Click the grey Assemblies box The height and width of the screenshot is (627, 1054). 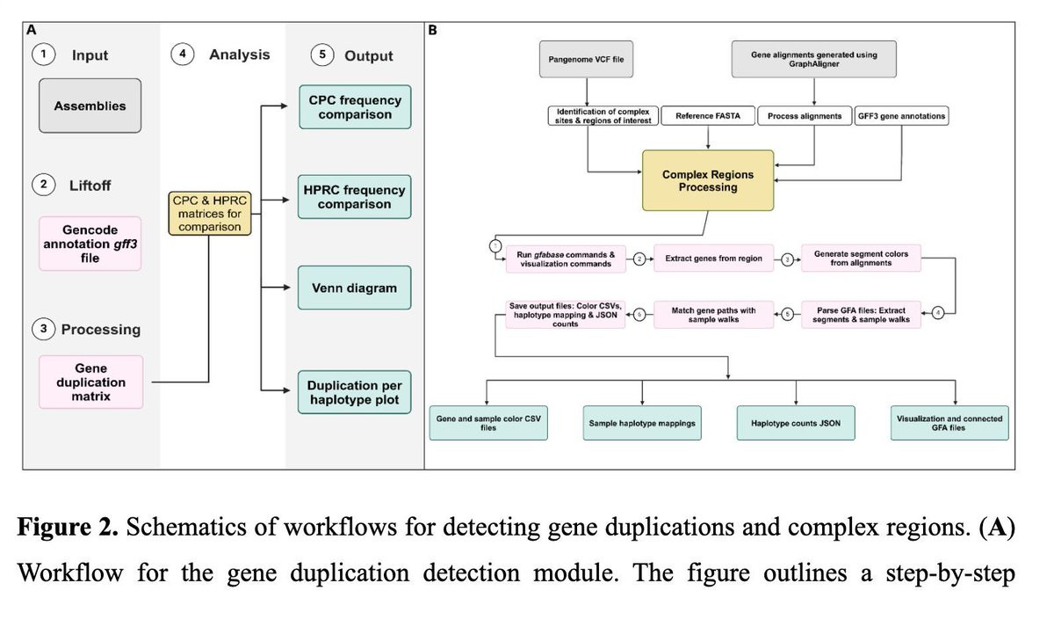(90, 106)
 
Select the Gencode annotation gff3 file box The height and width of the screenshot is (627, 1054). (90, 244)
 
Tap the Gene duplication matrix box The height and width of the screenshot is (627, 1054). (90, 383)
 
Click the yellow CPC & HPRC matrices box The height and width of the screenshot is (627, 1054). (208, 213)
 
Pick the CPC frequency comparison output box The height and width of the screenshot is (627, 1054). (355, 108)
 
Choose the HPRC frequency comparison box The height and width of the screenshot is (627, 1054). (355, 197)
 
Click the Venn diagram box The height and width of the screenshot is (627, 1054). (355, 288)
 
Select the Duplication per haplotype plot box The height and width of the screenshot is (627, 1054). (355, 393)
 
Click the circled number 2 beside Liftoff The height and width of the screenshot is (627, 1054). (42, 186)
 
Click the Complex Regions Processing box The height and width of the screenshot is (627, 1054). (708, 180)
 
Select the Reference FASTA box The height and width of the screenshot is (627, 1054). (706, 116)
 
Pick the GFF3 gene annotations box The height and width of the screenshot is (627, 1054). (901, 116)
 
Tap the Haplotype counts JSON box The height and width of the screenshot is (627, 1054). (796, 423)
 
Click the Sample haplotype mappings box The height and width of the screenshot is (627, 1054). (642, 423)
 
